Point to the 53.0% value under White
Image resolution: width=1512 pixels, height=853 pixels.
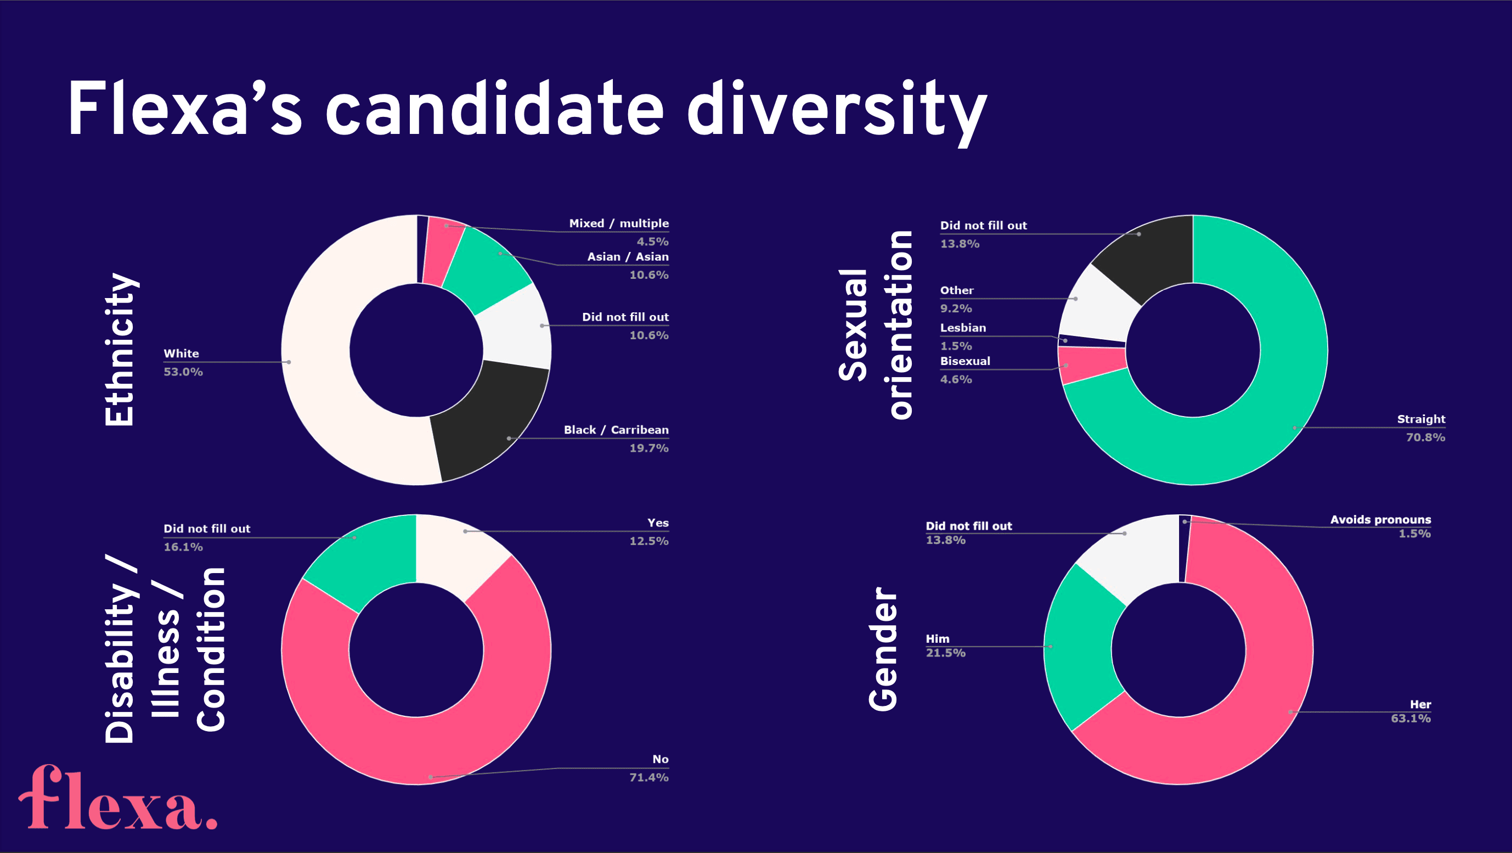coord(183,372)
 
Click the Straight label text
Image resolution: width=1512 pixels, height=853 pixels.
coord(1420,419)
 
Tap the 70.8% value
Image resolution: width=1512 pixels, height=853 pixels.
coord(1425,437)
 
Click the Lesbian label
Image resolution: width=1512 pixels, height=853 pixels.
coord(963,328)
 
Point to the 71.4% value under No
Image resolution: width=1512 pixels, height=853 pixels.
coord(648,777)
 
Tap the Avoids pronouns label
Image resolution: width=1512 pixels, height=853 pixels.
coord(1380,520)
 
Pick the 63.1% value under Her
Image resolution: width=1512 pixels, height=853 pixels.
coord(1411,719)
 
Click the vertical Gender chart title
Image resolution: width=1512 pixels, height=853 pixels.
coord(883,649)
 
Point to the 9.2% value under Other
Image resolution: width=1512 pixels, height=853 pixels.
coord(956,308)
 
